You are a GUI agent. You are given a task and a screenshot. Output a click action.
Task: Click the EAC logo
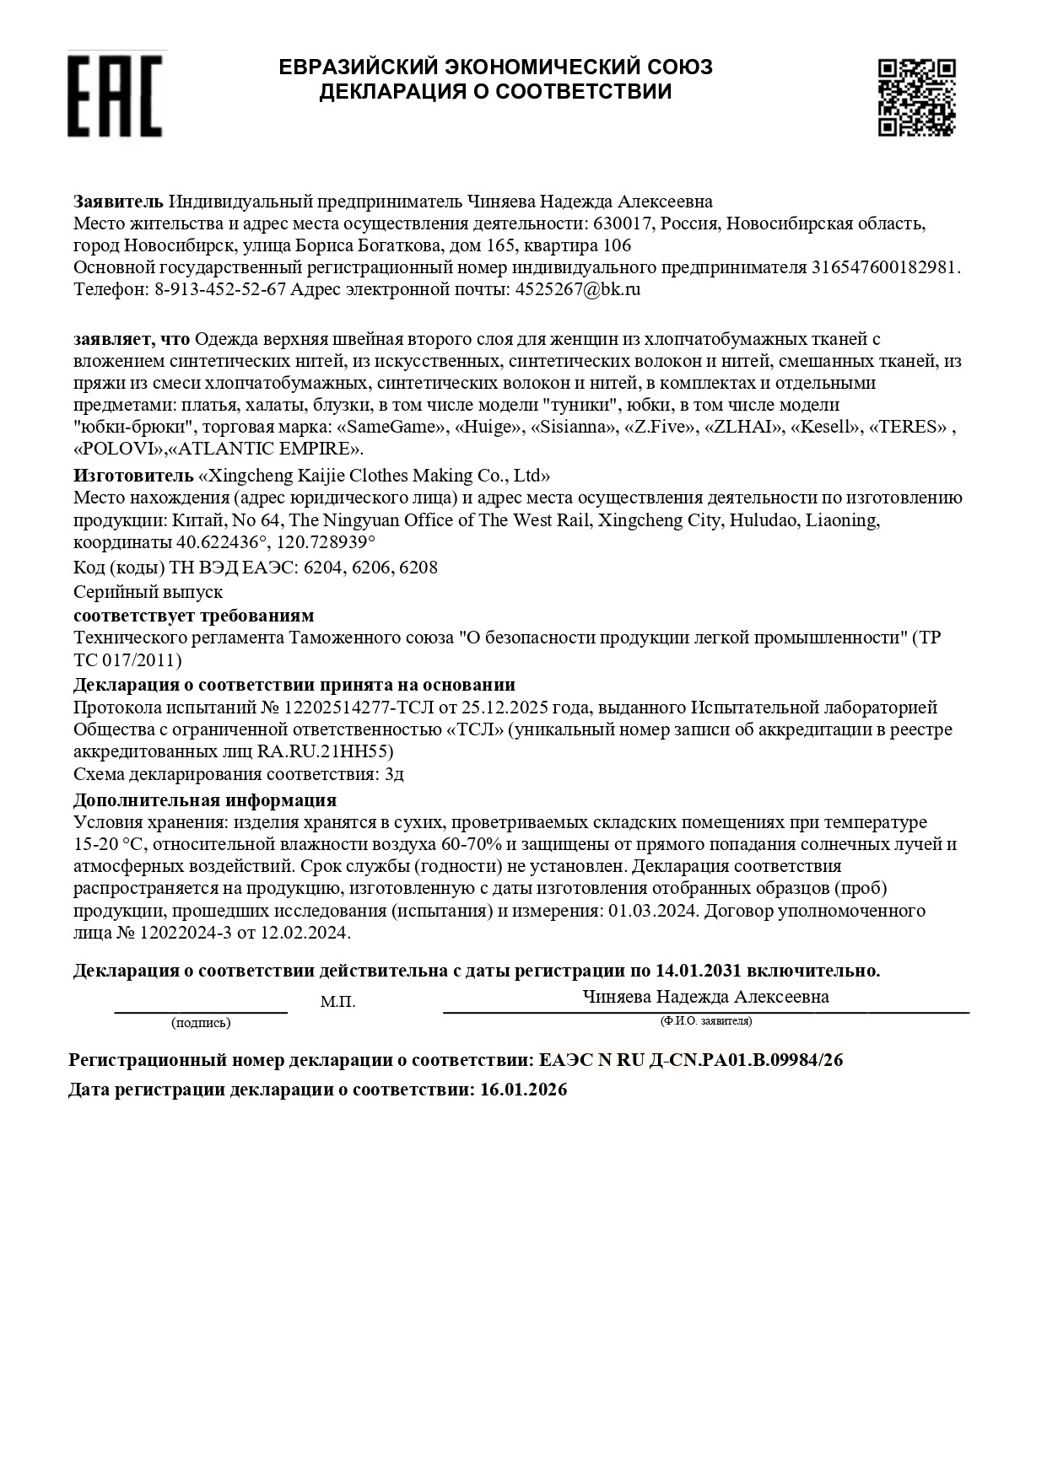114,95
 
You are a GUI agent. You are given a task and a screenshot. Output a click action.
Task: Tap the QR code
916,96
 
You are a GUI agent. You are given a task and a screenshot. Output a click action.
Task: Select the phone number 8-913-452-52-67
220,289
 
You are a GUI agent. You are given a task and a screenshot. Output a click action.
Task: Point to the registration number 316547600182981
884,267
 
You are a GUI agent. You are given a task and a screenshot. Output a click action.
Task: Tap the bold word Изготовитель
132,475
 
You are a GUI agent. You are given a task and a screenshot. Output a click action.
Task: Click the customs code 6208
418,568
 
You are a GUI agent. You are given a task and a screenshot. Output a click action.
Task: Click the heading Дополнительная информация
205,799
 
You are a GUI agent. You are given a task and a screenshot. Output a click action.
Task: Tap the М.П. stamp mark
338,1003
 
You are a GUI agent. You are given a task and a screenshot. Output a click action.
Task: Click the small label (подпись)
201,1023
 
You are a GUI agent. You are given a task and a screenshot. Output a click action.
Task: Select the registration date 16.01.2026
523,1090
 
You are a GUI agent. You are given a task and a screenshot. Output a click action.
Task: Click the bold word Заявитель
118,202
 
